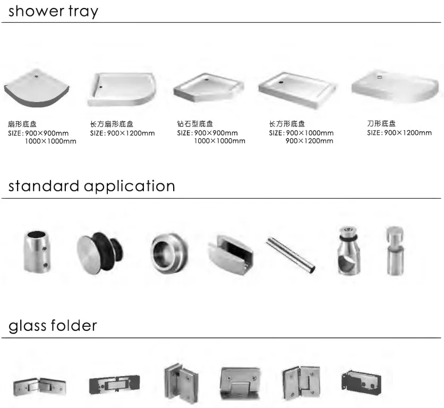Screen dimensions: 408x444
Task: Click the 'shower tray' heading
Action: click(53, 11)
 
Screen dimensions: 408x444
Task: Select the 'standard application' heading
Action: click(91, 186)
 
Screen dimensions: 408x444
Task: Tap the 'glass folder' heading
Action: click(53, 325)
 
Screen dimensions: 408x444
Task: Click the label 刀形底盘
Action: click(381, 123)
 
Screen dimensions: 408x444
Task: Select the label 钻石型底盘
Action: click(195, 124)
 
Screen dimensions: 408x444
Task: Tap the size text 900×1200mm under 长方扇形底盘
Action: click(130, 133)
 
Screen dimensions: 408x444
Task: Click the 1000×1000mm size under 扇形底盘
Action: click(50, 141)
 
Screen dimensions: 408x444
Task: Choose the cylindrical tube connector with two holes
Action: click(37, 252)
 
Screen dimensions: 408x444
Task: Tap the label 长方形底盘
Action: click(287, 124)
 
